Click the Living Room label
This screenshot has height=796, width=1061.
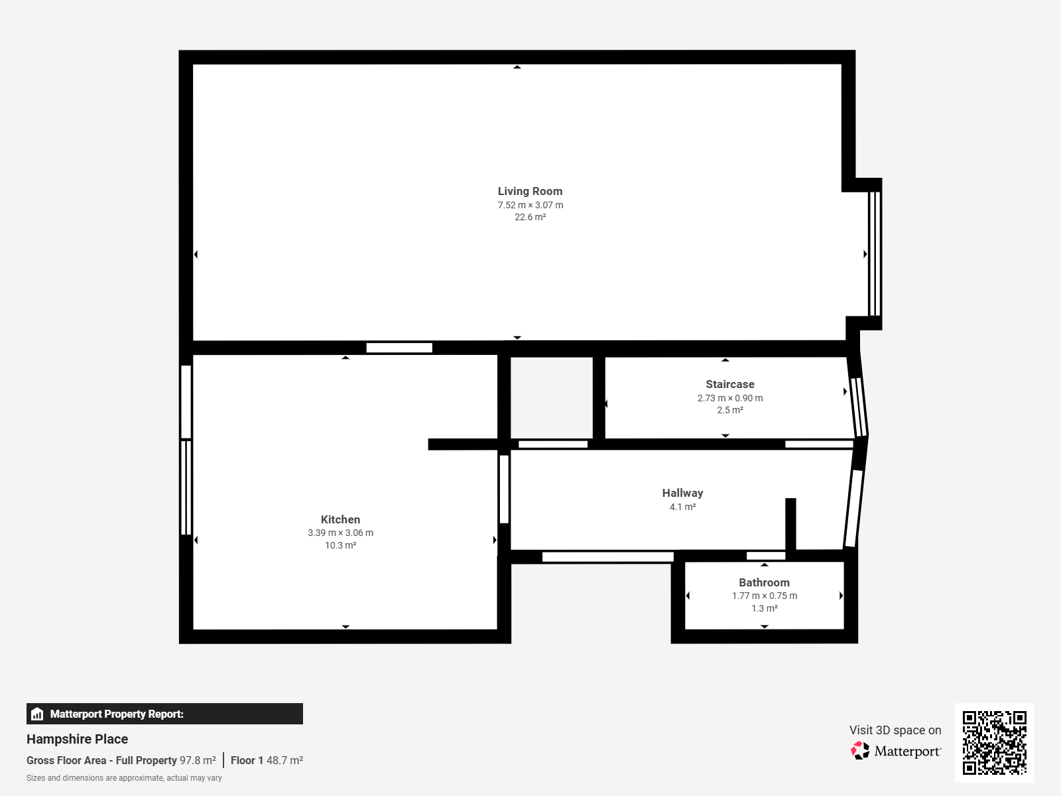530,192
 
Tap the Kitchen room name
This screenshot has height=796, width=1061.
340,519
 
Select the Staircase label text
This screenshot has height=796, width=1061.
730,384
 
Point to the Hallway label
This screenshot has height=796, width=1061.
682,493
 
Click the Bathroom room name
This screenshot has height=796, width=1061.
764,582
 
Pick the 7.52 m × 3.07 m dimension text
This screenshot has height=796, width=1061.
530,205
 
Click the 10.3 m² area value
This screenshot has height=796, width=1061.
340,545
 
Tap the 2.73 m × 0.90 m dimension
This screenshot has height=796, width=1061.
730,398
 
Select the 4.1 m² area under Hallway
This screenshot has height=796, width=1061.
682,507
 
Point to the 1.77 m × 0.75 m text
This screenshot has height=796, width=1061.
764,596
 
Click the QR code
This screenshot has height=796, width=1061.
994,742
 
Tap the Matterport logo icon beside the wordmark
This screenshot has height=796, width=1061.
860,751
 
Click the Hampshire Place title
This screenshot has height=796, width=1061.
78,739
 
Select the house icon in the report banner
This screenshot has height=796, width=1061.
37,714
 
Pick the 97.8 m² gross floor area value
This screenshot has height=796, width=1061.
198,760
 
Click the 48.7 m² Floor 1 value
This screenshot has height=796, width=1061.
284,760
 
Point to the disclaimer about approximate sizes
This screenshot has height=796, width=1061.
124,778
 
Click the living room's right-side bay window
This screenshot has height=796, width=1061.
875,254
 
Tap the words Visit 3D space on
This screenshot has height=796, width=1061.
895,730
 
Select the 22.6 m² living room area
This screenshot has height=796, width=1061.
530,217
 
